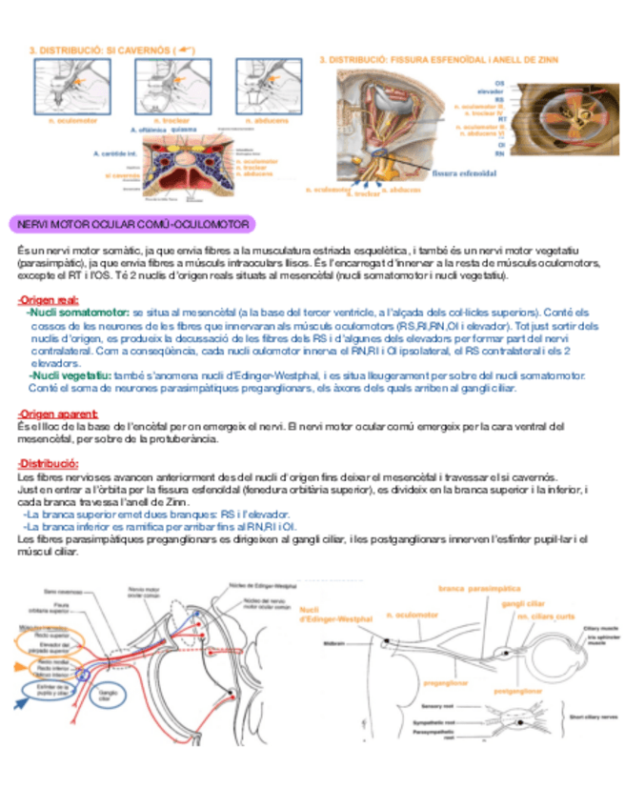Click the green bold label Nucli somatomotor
point(78,313)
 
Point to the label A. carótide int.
point(115,152)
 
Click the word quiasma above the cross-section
point(184,131)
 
